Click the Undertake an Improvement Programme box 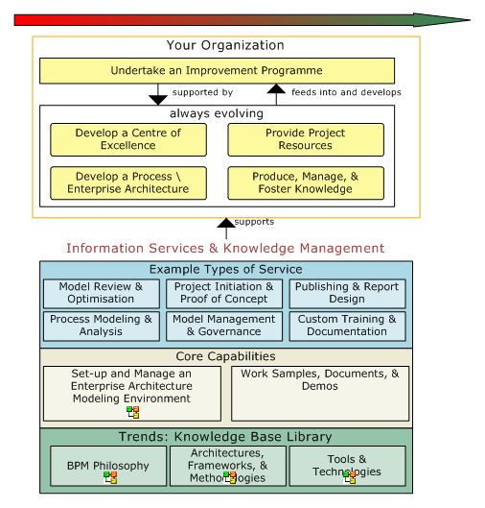pos(217,70)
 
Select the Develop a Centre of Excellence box pos(127,139)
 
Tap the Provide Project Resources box pos(305,139)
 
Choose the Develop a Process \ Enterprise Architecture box pos(127,182)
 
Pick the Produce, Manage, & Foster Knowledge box pos(305,182)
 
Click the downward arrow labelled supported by pos(158,94)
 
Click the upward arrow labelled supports pos(226,228)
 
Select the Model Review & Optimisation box pos(101,293)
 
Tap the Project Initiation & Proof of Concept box pos(224,293)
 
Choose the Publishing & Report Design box pos(347,293)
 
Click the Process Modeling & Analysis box pos(101,326)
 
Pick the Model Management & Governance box pos(224,326)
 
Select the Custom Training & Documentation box pos(347,326)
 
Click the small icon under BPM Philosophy pos(111,478)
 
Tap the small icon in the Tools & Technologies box pos(350,476)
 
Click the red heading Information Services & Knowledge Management pos(225,249)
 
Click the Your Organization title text pos(225,45)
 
